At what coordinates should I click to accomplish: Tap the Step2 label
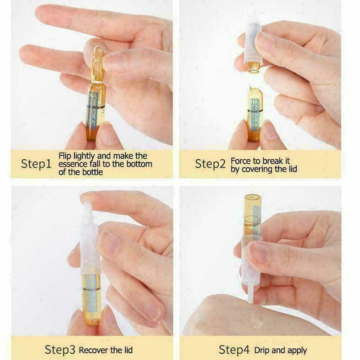point(210,164)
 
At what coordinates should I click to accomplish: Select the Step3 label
point(60,349)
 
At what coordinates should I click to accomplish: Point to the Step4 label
point(234,349)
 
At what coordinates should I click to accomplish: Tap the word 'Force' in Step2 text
point(240,160)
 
